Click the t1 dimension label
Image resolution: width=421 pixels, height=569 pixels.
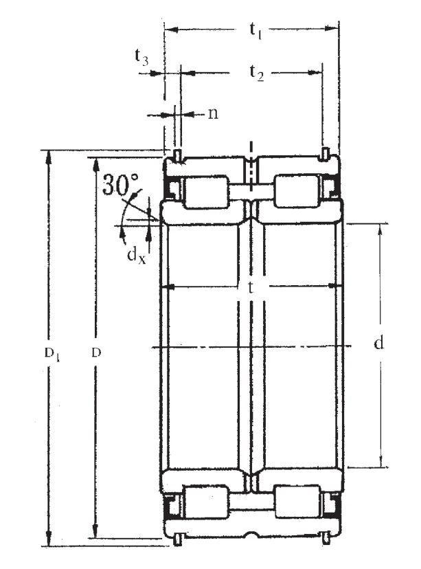click(x=255, y=30)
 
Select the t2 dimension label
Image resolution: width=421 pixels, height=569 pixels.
click(x=256, y=73)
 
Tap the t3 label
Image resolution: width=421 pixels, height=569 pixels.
click(x=141, y=57)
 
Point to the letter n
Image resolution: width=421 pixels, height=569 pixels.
click(x=213, y=113)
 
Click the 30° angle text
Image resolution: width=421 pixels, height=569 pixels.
click(x=120, y=184)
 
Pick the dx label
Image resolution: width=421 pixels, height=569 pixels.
click(x=137, y=254)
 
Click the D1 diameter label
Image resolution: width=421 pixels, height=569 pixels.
click(x=52, y=353)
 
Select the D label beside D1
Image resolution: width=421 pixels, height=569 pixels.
click(x=96, y=353)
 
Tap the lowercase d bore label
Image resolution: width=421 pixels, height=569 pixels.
click(x=378, y=342)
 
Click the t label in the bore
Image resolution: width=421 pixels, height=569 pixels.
click(x=250, y=287)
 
